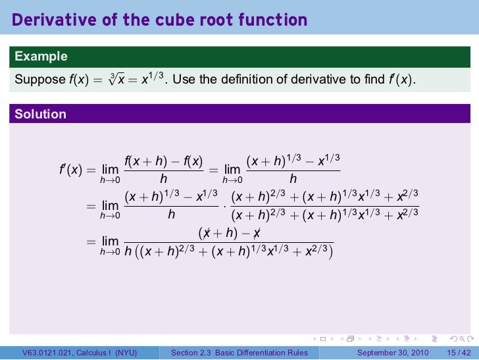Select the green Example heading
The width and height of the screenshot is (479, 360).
[41, 57]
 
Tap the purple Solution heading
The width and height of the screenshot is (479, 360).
[41, 114]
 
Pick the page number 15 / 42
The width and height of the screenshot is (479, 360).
[459, 353]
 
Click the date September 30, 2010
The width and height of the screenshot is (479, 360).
[393, 353]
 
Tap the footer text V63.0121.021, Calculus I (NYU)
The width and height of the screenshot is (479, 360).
[80, 353]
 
